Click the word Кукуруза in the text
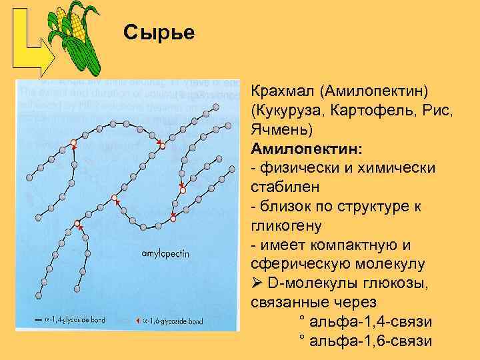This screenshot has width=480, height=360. [x=288, y=109]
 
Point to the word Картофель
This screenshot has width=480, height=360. [x=369, y=109]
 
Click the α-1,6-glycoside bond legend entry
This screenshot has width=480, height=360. [x=173, y=321]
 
